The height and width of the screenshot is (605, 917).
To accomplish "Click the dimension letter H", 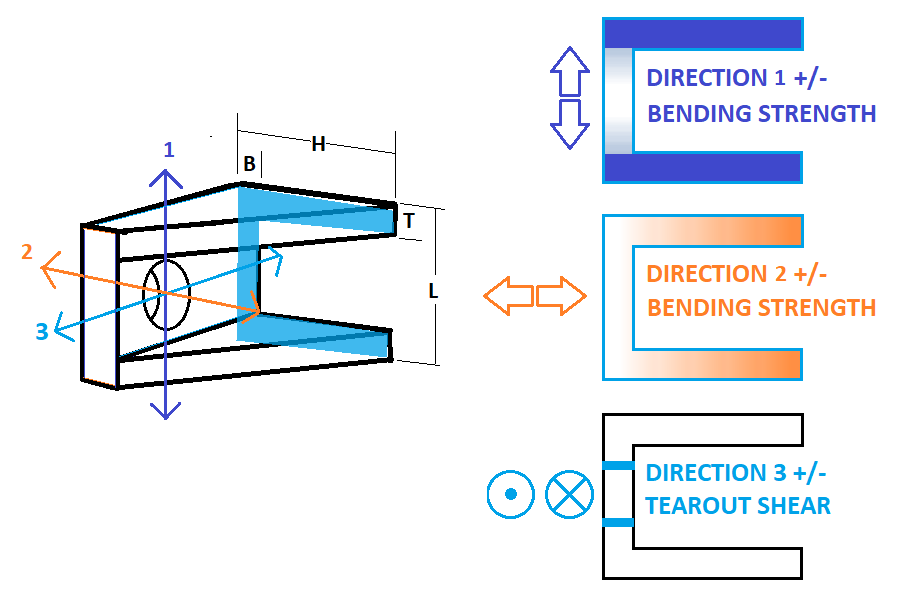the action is click(318, 144).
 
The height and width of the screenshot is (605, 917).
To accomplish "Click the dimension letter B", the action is click(249, 164).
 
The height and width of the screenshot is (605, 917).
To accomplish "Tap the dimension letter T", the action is click(409, 220).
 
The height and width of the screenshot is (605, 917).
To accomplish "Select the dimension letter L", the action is click(433, 291).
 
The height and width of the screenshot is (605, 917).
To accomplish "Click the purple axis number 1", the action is click(169, 150).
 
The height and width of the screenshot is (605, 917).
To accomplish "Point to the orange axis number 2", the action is click(27, 252).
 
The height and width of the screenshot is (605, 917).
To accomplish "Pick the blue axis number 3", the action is click(42, 331).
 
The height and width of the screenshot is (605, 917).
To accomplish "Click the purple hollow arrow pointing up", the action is click(570, 71).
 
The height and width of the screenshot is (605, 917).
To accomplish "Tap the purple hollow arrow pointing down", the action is click(570, 124).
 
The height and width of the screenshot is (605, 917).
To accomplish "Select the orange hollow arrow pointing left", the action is click(509, 296).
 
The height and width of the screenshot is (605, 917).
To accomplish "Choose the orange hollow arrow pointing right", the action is click(561, 296).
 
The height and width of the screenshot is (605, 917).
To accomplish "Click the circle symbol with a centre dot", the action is click(511, 494).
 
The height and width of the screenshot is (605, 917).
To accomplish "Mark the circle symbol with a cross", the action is click(569, 494).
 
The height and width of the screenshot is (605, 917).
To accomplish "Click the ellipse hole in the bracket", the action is click(167, 295).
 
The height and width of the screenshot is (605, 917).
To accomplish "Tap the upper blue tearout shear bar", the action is click(618, 465).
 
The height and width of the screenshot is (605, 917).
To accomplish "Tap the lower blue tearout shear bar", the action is click(618, 522).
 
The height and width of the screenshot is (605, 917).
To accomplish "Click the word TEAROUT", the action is click(687, 506).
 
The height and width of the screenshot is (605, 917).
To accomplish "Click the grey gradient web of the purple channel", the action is click(618, 101).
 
